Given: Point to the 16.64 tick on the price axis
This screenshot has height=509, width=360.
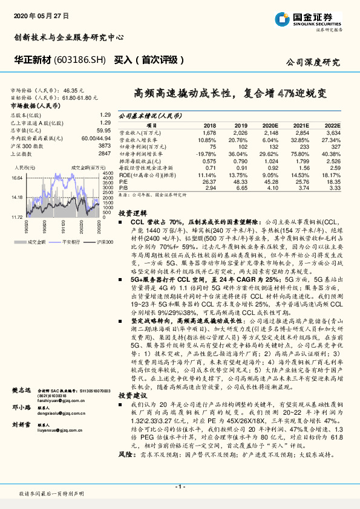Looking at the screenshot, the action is click(x=16, y=178).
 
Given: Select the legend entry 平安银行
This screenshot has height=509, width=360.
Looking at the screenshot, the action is click(x=72, y=241).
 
